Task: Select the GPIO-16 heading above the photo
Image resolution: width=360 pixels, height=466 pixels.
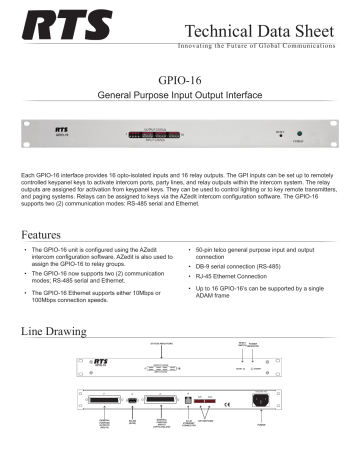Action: click(181, 78)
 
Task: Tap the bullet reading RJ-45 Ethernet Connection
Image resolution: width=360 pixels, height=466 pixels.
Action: click(244, 283)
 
